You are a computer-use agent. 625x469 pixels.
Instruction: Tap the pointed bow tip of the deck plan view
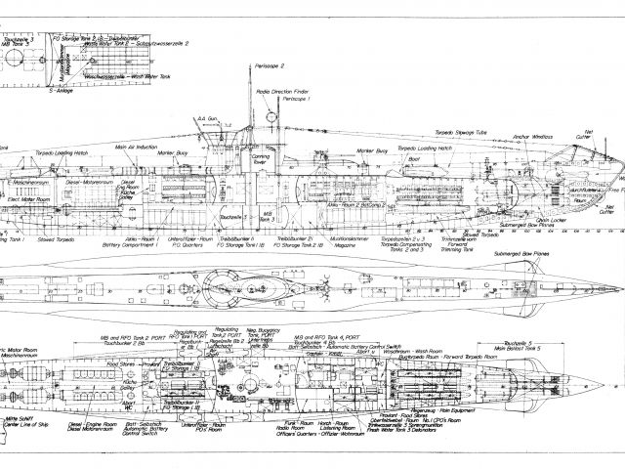(x=619, y=290)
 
